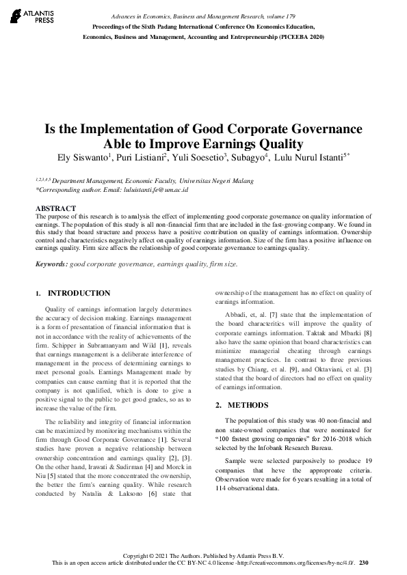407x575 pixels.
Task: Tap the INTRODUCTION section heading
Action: (x=79, y=293)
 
